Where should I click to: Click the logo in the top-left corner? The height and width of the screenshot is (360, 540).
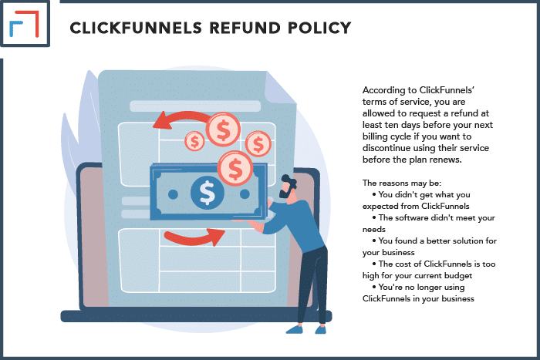(x=25, y=26)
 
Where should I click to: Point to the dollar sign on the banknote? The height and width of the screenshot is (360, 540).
(x=207, y=191)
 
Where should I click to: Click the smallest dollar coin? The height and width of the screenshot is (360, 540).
(x=195, y=141)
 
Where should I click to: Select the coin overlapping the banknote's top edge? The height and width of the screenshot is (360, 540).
(x=234, y=167)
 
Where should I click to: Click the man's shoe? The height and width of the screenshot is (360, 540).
(x=296, y=328)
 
